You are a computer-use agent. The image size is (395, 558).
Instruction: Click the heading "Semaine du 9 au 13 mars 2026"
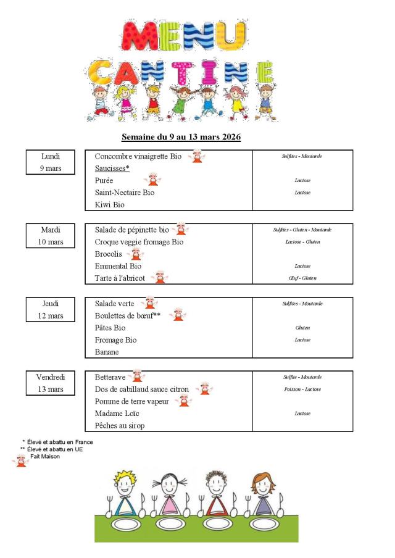[181, 136]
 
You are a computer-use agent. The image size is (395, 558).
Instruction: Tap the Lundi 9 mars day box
[51, 162]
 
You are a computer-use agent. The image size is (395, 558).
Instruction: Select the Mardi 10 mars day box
[51, 235]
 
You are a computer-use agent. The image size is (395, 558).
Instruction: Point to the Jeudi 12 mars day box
[51, 309]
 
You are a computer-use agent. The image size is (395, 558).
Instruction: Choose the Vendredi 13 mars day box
[51, 383]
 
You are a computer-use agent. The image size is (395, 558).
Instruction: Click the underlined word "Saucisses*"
[112, 168]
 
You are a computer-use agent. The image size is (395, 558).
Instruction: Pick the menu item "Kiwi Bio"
[110, 204]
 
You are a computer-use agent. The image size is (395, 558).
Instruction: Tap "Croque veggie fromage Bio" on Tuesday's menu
[139, 241]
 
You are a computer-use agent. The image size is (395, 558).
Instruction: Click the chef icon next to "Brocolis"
[135, 254]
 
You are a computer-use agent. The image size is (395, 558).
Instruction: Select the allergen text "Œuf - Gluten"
[302, 278]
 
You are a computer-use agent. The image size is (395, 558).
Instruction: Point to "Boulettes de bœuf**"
[128, 315]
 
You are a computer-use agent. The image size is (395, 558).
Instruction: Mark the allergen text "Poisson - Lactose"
[302, 389]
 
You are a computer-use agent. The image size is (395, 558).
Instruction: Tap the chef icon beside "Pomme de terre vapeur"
[183, 401]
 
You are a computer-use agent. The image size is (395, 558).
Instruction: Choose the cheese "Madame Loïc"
[117, 414]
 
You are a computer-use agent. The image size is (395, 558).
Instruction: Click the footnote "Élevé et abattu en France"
[60, 442]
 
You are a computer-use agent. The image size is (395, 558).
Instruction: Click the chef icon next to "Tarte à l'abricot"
[160, 277]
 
